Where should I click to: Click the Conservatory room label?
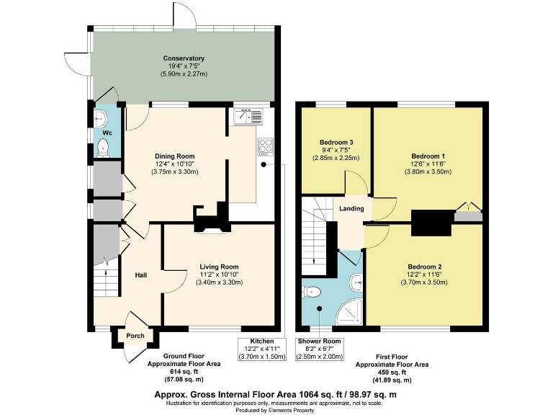184,58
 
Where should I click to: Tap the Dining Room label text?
174,156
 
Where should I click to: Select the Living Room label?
219,267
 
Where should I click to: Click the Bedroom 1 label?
428,156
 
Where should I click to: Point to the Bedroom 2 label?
424,267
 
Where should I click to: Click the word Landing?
352,209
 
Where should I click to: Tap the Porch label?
135,335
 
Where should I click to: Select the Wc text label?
107,133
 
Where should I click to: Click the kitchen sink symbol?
247,116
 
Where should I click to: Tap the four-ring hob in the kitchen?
264,146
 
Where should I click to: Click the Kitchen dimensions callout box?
262,348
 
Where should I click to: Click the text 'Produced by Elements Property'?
276,409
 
